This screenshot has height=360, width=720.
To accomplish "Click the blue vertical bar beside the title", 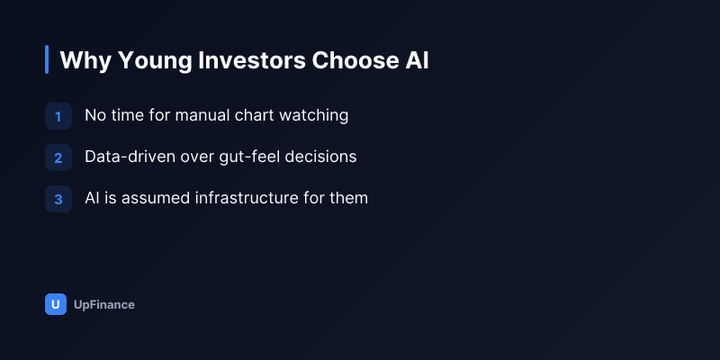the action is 47,59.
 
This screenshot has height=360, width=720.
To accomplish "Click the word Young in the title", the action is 154,60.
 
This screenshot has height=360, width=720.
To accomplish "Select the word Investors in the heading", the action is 252,60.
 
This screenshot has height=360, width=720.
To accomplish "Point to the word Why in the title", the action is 85,60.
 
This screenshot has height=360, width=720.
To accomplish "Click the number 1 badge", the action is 58,116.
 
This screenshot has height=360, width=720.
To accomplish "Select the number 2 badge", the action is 58,157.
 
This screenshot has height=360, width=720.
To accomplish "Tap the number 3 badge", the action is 58,199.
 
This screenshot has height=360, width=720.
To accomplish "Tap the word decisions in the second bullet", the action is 320,157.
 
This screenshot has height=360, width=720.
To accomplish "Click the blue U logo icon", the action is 56,304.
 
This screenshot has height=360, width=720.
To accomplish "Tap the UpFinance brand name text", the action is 104,305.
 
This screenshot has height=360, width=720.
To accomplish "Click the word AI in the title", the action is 417,60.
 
